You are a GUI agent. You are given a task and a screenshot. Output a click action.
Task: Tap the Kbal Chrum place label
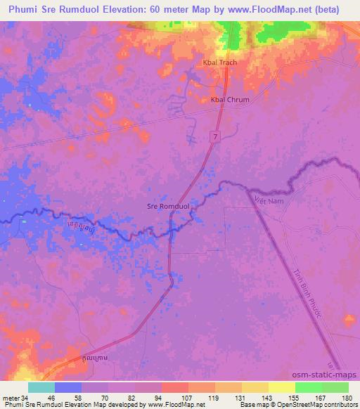coord(230,100)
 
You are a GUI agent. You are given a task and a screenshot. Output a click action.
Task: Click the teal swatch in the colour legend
coord(41,387)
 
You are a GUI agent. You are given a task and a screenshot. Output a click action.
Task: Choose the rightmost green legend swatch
coord(335,387)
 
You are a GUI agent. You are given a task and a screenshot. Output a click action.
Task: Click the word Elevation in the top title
coord(127,9)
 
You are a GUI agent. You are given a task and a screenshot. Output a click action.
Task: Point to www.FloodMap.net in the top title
coord(265,9)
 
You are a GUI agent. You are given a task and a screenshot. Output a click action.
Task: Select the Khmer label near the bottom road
coord(96,358)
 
